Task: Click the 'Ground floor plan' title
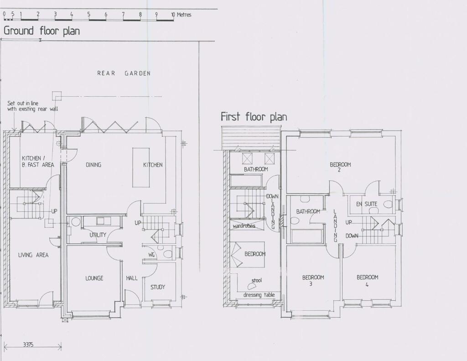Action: coord(42,31)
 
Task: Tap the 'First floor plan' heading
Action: coord(254,116)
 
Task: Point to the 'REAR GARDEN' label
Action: coord(124,73)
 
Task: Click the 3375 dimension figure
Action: coord(28,345)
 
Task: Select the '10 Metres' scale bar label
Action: coord(181,14)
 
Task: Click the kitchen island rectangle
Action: coord(141,167)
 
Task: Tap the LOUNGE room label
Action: coord(94,278)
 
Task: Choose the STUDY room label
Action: coord(157,287)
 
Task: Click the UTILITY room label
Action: coord(98,235)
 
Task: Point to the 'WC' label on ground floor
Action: coord(151,255)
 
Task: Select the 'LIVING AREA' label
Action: coord(33,255)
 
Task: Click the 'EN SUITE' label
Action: coord(367,204)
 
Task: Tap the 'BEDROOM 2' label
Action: coord(340,167)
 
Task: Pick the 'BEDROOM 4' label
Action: coord(367,280)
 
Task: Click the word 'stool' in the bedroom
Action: coord(257,280)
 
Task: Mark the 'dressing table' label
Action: coord(259,295)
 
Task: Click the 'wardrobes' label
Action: coord(244,226)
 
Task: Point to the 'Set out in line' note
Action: coord(23,103)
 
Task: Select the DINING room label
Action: coord(93,165)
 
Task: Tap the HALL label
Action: coord(132,278)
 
